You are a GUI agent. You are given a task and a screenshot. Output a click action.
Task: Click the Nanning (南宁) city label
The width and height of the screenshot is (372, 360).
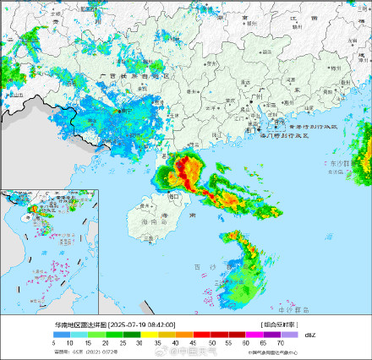click(122, 111)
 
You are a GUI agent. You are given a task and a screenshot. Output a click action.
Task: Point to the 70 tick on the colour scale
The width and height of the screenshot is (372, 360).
click(280, 341)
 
